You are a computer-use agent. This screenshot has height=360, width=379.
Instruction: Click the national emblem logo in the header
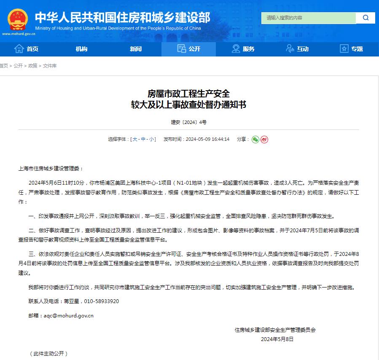17,19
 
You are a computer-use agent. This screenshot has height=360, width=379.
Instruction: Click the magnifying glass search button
366,18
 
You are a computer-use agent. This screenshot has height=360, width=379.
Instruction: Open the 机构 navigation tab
81,49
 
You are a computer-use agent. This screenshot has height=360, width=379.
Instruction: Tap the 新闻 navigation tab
135,49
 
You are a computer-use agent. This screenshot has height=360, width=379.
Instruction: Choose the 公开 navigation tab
189,49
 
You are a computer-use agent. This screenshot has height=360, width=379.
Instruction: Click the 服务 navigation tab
243,49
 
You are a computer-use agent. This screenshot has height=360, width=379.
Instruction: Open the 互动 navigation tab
297,49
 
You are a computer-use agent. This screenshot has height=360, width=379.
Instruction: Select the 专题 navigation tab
351,49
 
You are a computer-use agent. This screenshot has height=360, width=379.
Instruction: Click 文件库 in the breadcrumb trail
50,66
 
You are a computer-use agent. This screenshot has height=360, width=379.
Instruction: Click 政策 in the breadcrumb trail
32,66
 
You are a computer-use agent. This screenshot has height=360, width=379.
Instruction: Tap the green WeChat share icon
255,139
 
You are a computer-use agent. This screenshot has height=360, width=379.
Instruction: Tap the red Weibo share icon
264,139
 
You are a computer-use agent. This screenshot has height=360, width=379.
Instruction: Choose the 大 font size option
135,139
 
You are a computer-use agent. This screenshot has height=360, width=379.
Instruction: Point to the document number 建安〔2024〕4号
189,122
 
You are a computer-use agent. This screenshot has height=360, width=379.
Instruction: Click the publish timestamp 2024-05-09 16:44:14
207,139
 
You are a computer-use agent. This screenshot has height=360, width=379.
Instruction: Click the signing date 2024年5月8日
277,339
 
